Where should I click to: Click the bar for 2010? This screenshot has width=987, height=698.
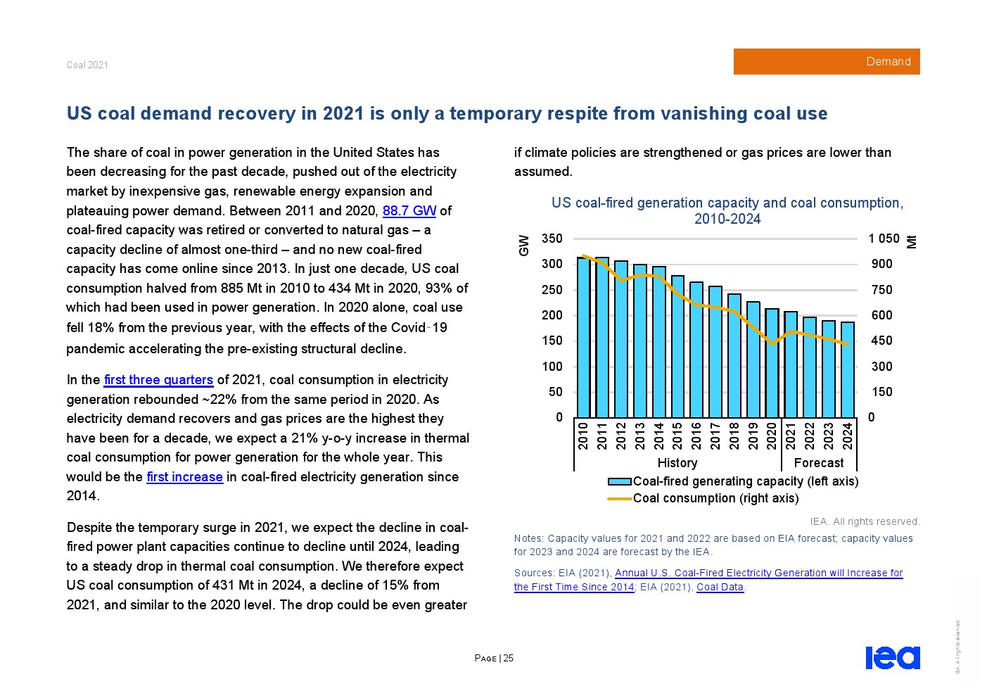pos(583,338)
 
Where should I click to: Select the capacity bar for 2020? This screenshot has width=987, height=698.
pos(772,363)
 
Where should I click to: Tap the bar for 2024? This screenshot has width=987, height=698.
pos(847,370)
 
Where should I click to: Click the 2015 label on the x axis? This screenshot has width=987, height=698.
pos(677,436)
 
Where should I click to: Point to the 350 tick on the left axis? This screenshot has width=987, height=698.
pos(552,239)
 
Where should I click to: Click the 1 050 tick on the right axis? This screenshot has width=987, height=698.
pos(884,239)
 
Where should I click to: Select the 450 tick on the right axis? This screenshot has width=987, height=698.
pos(881,341)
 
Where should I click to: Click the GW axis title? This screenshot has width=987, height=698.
pos(523,245)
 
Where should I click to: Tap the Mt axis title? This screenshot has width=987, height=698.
pos(912,241)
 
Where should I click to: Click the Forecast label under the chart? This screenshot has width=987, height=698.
pos(818,463)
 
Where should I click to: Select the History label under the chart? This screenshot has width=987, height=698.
pos(677,463)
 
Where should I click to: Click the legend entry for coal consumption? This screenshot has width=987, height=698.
pos(715,498)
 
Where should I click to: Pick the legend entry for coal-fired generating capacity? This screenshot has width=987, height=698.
pos(745,481)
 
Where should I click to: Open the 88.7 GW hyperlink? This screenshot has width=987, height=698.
pos(409,210)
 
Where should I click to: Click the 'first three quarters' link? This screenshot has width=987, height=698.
pos(158,380)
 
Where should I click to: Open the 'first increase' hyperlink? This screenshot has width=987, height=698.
pos(184,477)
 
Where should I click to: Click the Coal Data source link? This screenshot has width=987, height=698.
pos(720,587)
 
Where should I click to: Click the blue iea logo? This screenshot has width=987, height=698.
pos(892,658)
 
